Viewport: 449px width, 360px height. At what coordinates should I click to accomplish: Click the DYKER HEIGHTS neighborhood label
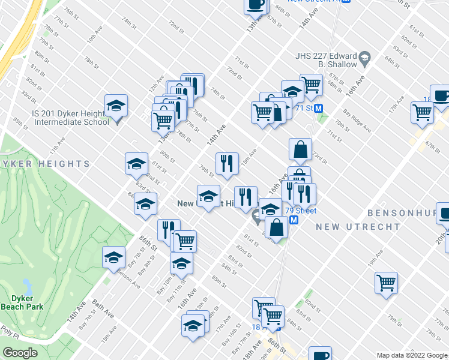click(x=45, y=164)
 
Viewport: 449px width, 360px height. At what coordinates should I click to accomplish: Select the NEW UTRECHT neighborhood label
click(x=358, y=227)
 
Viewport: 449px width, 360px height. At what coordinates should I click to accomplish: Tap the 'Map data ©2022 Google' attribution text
click(x=412, y=355)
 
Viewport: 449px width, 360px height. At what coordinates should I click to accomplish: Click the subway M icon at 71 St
click(x=320, y=109)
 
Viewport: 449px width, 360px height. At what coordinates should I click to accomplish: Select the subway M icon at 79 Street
click(x=294, y=220)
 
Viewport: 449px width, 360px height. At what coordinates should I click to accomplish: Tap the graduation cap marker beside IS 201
click(x=116, y=106)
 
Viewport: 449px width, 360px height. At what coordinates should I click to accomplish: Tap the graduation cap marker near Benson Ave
click(x=113, y=257)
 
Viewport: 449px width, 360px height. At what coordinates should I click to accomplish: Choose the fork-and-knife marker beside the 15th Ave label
click(x=226, y=163)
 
